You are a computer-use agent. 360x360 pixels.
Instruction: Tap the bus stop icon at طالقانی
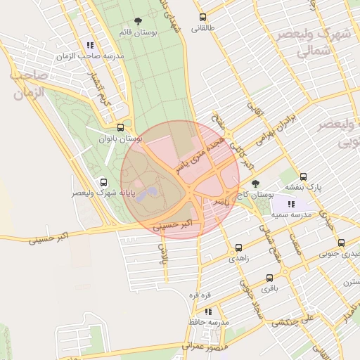203,18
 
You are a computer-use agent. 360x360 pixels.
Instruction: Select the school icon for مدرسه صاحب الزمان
90,45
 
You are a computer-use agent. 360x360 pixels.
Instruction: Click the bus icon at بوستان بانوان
121,128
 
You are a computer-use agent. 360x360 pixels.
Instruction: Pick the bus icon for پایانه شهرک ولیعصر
104,181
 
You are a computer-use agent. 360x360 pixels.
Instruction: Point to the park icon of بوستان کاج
255,184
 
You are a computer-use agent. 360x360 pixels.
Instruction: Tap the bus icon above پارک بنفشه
303,176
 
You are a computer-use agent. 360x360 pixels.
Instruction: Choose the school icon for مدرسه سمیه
292,203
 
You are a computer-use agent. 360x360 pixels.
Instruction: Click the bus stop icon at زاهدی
238,247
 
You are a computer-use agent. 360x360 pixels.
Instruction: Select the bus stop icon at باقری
270,278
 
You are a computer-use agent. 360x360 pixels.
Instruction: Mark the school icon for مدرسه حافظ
208,311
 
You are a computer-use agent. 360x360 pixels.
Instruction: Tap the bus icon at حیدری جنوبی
342,243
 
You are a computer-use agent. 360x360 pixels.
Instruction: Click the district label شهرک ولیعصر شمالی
314,42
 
